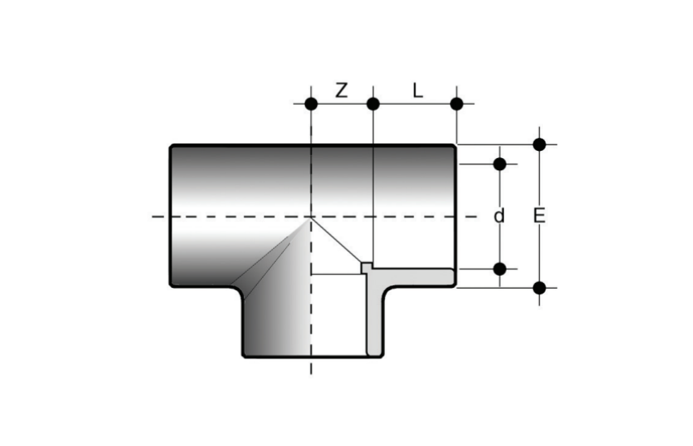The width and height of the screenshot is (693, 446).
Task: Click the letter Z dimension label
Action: click(341, 90)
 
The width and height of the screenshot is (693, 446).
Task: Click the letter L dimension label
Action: click(417, 91)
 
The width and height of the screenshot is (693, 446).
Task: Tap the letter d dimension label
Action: click(499, 217)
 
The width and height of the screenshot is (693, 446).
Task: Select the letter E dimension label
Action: click(539, 217)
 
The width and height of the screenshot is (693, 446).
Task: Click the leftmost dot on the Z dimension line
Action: click(311, 105)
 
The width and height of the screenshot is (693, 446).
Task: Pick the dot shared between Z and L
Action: click(373, 105)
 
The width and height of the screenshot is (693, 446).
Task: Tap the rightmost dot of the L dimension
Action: click(456, 105)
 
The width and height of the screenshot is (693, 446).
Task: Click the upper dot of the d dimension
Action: click(499, 164)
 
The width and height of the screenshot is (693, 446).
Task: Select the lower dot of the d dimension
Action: click(499, 268)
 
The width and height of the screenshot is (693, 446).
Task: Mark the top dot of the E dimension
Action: click(539, 144)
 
